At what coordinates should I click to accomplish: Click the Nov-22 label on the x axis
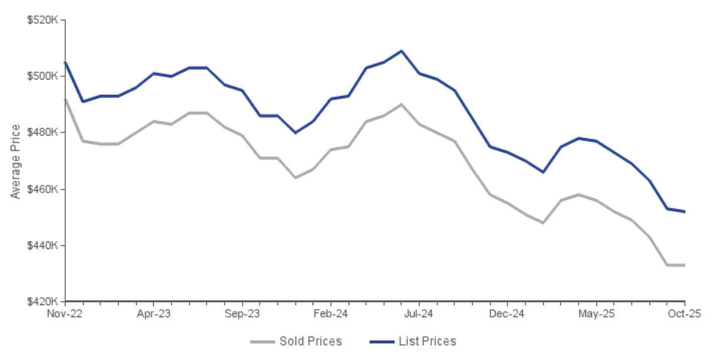[65, 314]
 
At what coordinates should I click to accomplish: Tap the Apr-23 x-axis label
[153, 314]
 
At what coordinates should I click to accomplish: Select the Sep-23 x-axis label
[242, 314]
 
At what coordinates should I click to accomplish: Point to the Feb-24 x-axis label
[330, 314]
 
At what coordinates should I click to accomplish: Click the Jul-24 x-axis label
[419, 314]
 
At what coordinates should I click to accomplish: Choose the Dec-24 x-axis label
[507, 314]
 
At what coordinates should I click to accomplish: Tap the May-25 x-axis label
[596, 314]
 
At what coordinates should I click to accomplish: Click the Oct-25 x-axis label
[684, 314]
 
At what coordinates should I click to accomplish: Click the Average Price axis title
[16, 161]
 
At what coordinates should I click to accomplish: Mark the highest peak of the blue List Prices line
[401, 51]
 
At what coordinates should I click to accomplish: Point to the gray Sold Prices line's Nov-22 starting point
[66, 99]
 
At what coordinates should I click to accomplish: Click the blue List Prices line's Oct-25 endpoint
[684, 212]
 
